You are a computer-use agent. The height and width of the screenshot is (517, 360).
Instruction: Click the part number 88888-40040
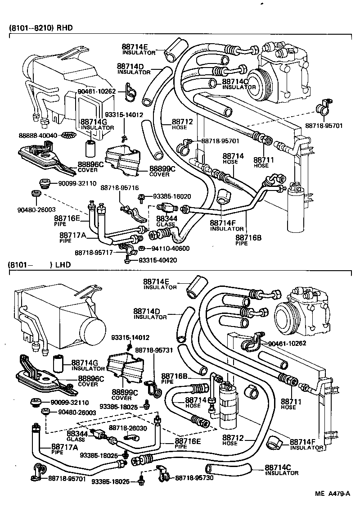click(38, 135)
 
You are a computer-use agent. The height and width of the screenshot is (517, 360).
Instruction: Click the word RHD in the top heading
click(64, 27)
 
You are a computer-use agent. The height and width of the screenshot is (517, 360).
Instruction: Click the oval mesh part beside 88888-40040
click(67, 135)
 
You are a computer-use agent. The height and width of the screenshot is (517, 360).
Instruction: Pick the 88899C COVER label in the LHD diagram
click(121, 395)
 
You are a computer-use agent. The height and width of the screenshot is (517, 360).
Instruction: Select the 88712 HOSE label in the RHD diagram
click(182, 124)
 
